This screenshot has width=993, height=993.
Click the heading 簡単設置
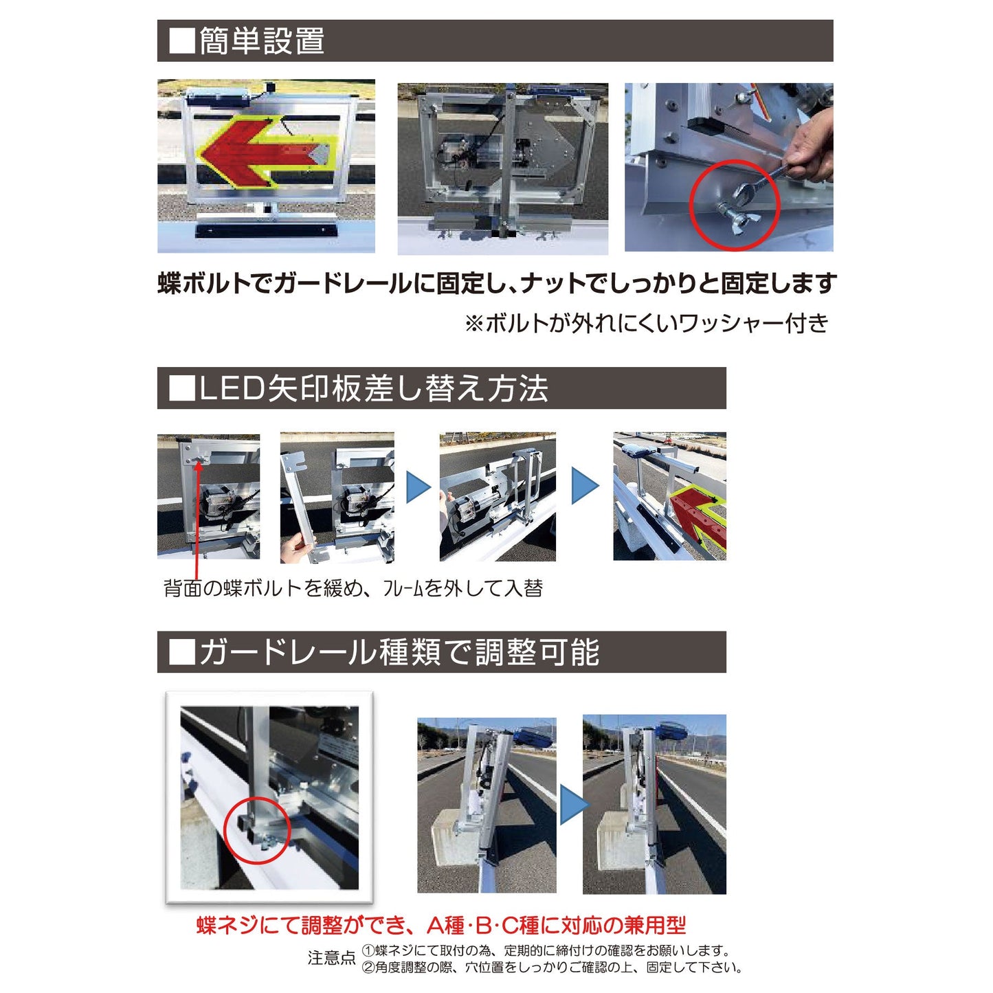(261, 41)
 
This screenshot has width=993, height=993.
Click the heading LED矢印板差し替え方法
(373, 389)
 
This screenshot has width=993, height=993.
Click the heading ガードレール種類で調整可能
(399, 652)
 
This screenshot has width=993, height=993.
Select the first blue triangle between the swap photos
(418, 487)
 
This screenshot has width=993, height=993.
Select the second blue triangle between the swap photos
(585, 487)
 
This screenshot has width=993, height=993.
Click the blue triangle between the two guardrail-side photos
(573, 805)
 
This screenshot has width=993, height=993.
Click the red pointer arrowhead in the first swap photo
(199, 465)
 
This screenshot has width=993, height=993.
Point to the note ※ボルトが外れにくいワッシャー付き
(646, 323)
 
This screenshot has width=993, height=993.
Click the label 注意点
(331, 958)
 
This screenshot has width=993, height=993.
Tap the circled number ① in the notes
(368, 951)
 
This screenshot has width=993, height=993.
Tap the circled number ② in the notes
(368, 968)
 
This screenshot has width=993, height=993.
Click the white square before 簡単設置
(182, 41)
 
